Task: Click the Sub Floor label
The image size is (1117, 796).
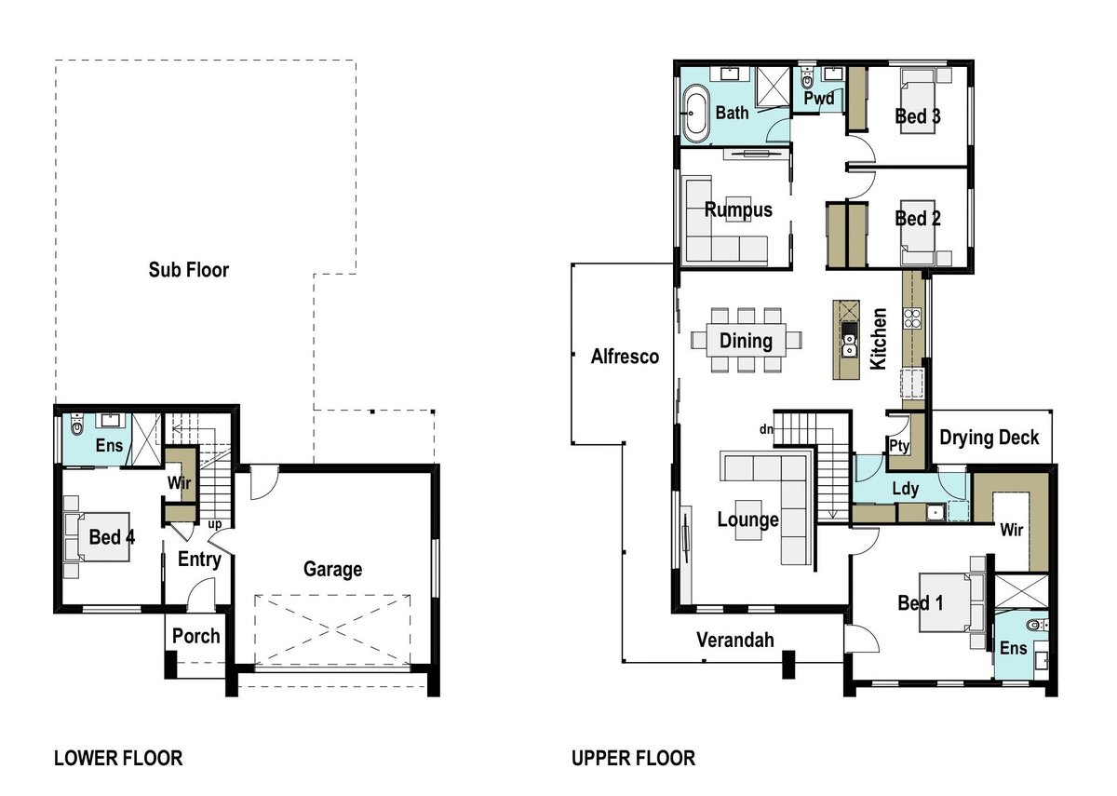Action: click(x=188, y=270)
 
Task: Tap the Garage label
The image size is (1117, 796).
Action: click(x=332, y=570)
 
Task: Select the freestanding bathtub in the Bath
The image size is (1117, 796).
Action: click(x=695, y=113)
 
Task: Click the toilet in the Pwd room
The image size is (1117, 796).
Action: click(x=806, y=79)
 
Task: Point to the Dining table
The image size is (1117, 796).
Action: click(x=746, y=340)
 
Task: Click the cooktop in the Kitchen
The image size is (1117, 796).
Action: click(x=912, y=318)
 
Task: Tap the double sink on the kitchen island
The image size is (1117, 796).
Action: click(x=849, y=345)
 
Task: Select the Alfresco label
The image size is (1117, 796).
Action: click(x=625, y=356)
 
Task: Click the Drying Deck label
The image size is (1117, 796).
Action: click(x=989, y=438)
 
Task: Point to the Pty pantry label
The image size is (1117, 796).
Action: click(x=899, y=445)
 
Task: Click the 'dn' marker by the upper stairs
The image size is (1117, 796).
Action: click(x=766, y=429)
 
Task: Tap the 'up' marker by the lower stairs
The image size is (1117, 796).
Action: click(x=215, y=524)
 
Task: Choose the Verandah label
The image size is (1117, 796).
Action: click(x=735, y=640)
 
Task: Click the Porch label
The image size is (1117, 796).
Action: click(x=196, y=637)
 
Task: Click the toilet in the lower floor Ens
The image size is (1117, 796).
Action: click(x=76, y=425)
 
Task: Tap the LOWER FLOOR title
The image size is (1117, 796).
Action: click(x=118, y=758)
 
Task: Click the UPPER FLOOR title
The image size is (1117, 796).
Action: click(x=633, y=758)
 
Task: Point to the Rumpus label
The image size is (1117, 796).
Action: click(x=738, y=210)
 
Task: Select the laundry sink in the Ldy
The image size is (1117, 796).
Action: click(x=936, y=512)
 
